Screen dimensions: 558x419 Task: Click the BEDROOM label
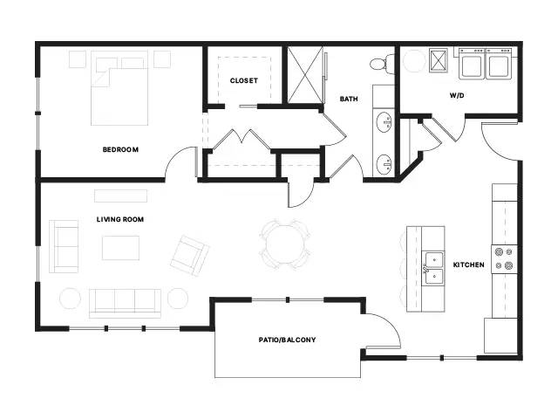point(120,149)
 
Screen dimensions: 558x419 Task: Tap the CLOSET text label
point(244,81)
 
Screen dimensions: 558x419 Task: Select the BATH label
point(349,99)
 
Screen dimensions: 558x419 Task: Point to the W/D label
point(457,95)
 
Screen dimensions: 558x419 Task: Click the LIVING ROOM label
point(120,219)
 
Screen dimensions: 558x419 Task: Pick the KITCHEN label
point(469,264)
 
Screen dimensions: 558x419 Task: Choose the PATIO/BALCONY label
point(287,340)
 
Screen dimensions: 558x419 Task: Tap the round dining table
point(285,244)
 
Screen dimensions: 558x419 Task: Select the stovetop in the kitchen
point(504,259)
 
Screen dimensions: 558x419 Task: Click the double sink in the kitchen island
point(433,268)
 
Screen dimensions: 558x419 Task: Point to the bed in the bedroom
point(119,88)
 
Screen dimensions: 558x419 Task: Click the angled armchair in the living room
point(190,256)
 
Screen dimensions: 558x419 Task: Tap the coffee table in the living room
point(120,248)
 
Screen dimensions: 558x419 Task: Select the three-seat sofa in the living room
point(125,303)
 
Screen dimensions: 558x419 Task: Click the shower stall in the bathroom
point(305,75)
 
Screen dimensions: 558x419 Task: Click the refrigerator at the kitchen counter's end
point(500,335)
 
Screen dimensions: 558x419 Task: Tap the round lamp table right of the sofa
point(178,298)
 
